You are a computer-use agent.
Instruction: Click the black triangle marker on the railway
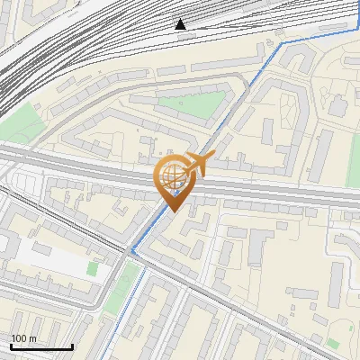pos(181,23)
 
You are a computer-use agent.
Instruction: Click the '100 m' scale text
pos(23,338)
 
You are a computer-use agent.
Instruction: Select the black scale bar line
pos(40,346)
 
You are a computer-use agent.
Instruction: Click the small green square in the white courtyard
pos(92,268)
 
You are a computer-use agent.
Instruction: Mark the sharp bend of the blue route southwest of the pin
pos(132,251)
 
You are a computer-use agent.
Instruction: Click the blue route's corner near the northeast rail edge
pos(281,42)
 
